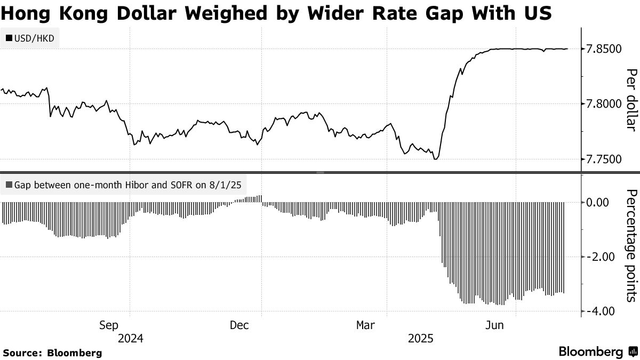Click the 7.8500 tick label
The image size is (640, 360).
coord(604,49)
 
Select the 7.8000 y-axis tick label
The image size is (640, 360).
coord(604,104)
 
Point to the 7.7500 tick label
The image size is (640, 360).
coord(604,159)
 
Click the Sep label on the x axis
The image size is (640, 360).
coord(109,325)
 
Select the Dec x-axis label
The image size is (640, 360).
coord(240,325)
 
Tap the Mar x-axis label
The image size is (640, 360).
coord(366,325)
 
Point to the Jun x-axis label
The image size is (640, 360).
coord(497,325)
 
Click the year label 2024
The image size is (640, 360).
coord(131,338)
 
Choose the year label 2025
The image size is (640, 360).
coord(421,338)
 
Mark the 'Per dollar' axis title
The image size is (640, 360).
coord(631,100)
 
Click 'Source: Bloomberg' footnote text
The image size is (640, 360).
coord(52,353)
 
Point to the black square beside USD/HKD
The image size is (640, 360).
coord(9,38)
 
